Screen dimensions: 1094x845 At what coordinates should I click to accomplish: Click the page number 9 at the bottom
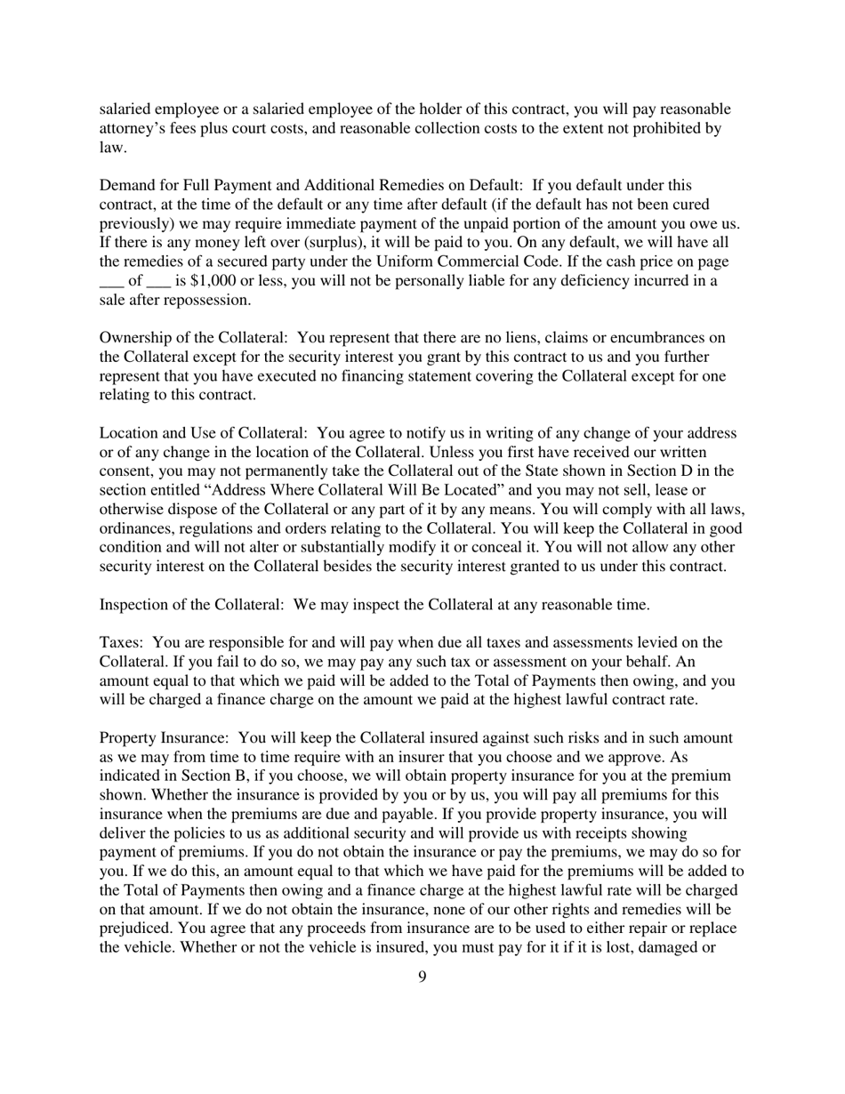tap(422, 977)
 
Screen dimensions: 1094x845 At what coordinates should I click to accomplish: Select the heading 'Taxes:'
tap(123, 643)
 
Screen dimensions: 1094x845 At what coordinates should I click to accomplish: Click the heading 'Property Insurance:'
tap(165, 738)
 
